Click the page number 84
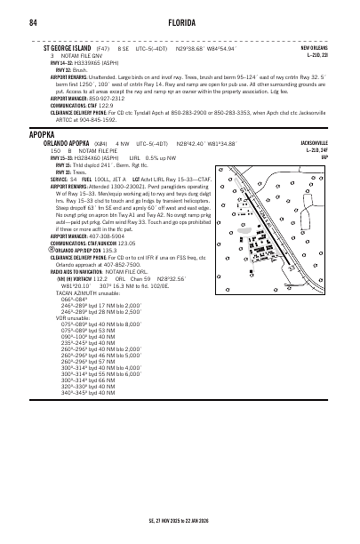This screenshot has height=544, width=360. point(33,20)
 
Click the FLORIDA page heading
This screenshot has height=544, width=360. point(179,20)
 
